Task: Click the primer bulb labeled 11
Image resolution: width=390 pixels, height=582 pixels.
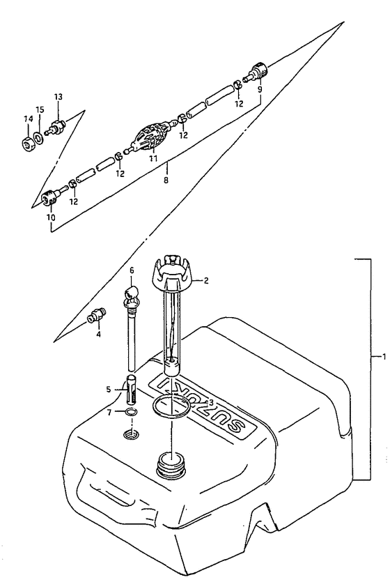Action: click(150, 136)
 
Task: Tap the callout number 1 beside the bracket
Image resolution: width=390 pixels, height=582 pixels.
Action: click(384, 357)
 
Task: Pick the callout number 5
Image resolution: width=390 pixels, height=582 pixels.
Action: click(108, 390)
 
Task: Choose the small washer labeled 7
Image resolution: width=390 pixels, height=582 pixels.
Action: click(130, 413)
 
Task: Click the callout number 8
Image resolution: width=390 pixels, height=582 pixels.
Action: click(166, 181)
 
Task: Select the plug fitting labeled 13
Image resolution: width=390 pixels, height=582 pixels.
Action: click(56, 126)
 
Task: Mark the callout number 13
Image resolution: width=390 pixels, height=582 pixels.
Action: click(58, 98)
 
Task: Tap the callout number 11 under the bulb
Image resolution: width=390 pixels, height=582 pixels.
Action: click(153, 158)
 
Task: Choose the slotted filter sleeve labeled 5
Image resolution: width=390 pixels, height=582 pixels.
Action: click(132, 391)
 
